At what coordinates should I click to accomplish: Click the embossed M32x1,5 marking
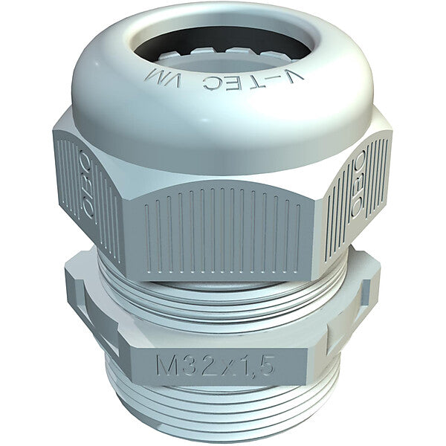click(x=215, y=365)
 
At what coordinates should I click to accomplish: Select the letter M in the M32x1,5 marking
click(x=166, y=366)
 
